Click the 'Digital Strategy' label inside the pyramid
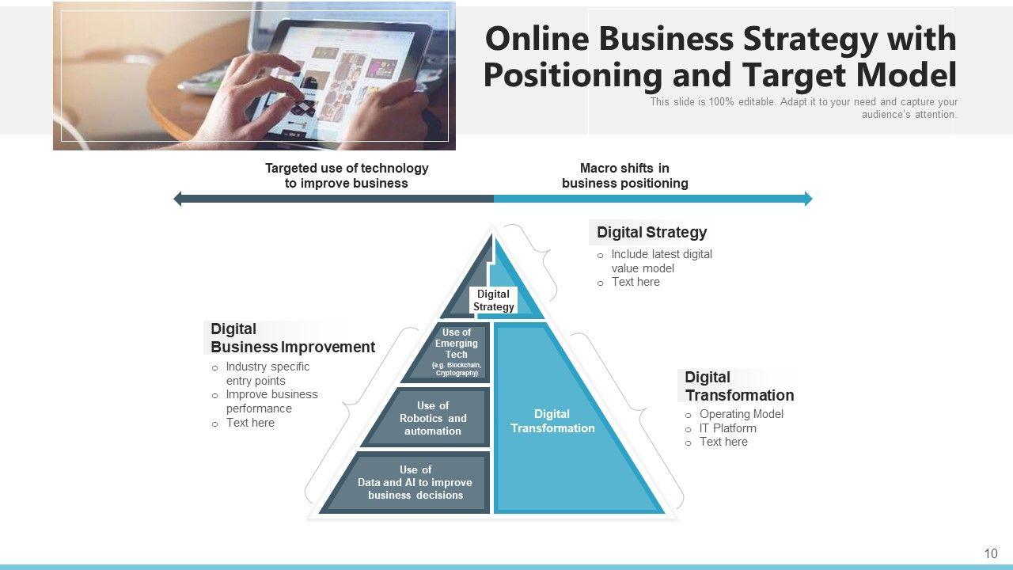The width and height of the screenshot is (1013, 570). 493,300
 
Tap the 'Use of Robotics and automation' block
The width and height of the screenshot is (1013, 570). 432,418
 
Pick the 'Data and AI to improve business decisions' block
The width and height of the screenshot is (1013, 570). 415,482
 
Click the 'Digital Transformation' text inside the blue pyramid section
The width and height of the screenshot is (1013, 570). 552,420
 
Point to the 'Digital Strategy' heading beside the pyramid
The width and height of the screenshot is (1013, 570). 651,232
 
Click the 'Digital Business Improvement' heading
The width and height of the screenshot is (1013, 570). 292,338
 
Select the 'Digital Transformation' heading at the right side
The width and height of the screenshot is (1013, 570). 738,386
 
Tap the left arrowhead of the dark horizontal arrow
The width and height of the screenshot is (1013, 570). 178,199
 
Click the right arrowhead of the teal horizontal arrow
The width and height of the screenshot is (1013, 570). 808,199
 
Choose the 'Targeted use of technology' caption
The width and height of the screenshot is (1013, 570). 347,175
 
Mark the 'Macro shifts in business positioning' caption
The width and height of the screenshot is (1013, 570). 624,175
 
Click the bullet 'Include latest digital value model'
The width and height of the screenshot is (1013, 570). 661,261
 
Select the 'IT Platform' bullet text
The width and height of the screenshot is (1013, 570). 727,428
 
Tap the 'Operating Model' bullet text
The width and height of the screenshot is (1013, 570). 741,414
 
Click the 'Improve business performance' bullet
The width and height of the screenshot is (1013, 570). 271,401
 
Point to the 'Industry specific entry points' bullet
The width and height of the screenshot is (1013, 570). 267,374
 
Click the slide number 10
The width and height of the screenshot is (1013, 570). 991,553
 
